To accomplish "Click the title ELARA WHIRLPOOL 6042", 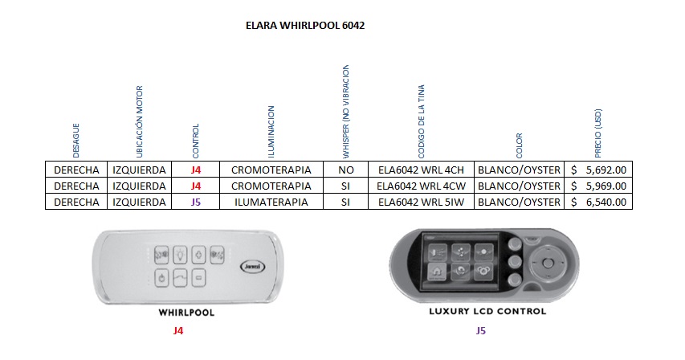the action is tap(305, 26).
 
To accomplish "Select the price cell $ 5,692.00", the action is tap(598, 170).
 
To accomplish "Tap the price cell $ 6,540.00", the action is tap(598, 202).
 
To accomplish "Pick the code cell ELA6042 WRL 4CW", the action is tap(421, 186).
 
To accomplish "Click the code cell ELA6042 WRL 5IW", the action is tap(421, 202).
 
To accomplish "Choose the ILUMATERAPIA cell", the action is tap(271, 202).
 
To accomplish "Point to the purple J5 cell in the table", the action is tap(196, 202).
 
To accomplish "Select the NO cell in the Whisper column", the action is tap(345, 170).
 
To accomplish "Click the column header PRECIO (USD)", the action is tap(598, 133).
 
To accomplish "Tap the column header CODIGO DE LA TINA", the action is tap(421, 121).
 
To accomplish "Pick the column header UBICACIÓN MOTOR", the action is tap(140, 121).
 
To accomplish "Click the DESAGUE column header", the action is tap(76, 141).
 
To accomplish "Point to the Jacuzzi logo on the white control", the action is tap(252, 267).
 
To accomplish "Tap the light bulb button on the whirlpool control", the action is tap(180, 255).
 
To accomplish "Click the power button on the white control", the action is tap(161, 278).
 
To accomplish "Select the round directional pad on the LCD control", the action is tap(548, 263).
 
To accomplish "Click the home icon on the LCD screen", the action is tap(438, 272).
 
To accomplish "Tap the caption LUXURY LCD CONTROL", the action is tap(487, 311).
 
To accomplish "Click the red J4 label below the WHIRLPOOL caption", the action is tap(178, 331).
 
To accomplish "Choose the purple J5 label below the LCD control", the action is tap(480, 331).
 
